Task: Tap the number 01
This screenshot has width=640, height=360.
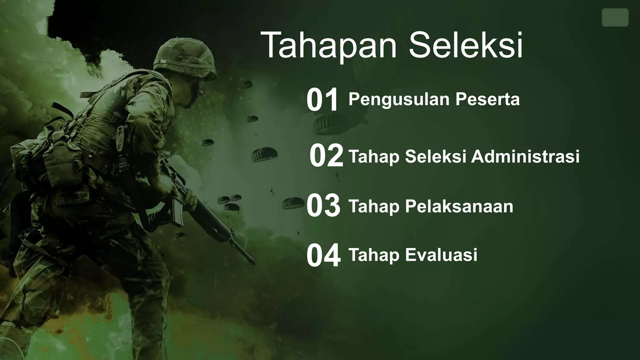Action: click(x=322, y=100)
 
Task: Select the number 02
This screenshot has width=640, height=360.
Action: click(x=326, y=156)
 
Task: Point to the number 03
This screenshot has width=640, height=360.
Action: click(x=323, y=206)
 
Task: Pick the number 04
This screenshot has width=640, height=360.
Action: click(x=323, y=256)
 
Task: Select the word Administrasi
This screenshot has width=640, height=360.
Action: click(x=525, y=156)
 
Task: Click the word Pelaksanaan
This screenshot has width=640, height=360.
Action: click(x=459, y=206)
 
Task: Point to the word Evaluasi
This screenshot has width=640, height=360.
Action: click(x=441, y=255)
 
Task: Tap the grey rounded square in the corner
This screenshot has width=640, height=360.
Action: click(x=615, y=17)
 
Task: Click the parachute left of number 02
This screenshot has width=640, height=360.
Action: click(x=264, y=154)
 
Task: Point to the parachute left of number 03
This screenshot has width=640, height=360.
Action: click(x=292, y=203)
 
